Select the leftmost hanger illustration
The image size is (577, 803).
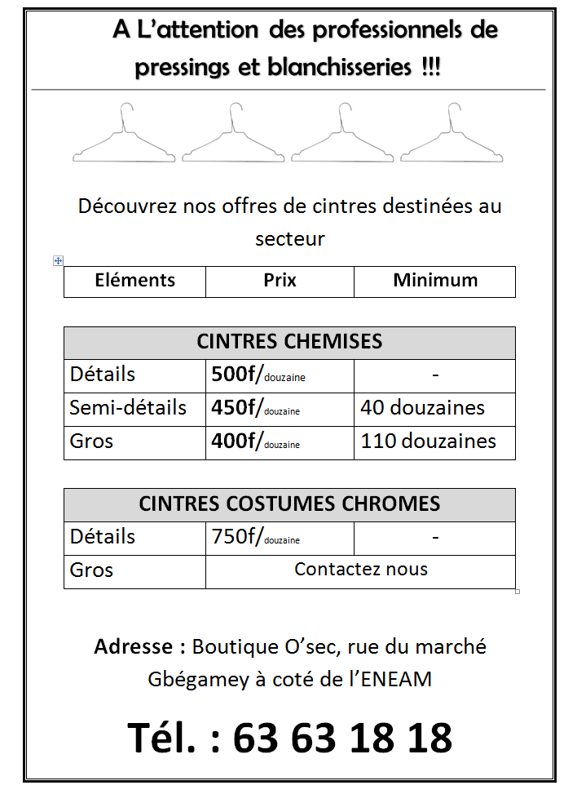pyautogui.click(x=124, y=135)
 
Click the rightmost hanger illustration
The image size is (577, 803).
pyautogui.click(x=451, y=135)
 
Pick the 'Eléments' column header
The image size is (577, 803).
pyautogui.click(x=134, y=281)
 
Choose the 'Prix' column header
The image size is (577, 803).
pyautogui.click(x=280, y=281)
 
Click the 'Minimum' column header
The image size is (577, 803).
pyautogui.click(x=435, y=281)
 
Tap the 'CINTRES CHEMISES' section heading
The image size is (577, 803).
pyautogui.click(x=289, y=342)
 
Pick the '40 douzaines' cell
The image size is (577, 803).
pyautogui.click(x=423, y=408)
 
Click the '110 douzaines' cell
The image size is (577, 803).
pyautogui.click(x=428, y=441)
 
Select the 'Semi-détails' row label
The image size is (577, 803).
pyautogui.click(x=128, y=408)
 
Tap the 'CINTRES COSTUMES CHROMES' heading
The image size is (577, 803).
pyautogui.click(x=289, y=504)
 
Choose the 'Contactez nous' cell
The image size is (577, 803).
pyautogui.click(x=360, y=570)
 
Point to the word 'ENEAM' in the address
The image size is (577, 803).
pyautogui.click(x=399, y=679)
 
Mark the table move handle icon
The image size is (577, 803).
pyautogui.click(x=58, y=260)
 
